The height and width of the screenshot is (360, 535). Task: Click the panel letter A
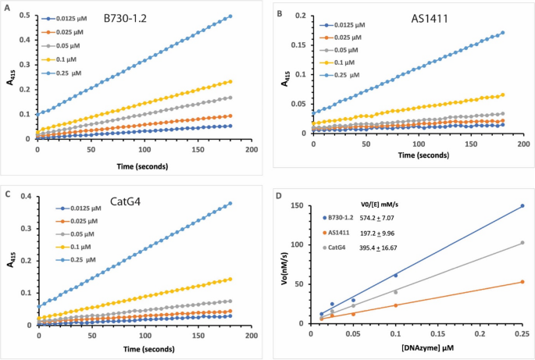pyautogui.click(x=7, y=9)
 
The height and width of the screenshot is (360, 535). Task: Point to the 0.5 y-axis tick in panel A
pyautogui.click(x=26, y=16)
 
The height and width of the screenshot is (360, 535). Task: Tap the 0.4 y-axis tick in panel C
pyautogui.click(x=26, y=195)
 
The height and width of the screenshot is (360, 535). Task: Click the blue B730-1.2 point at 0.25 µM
pyautogui.click(x=522, y=206)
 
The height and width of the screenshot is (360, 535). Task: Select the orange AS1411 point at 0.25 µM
pyautogui.click(x=522, y=282)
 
